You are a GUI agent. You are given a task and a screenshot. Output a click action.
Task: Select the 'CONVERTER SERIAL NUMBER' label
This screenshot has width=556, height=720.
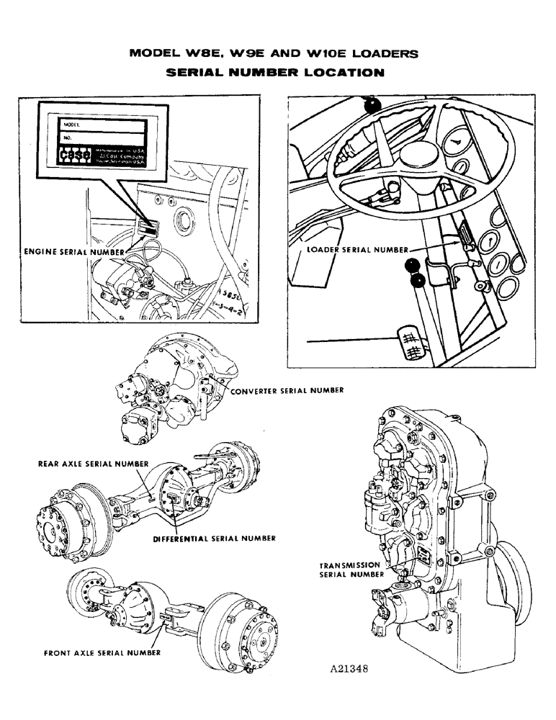click(287, 390)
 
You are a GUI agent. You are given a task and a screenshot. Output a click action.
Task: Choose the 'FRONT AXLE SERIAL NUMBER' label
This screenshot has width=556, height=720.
click(102, 654)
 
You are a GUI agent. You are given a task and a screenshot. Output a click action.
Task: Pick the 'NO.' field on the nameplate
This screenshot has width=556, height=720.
click(108, 137)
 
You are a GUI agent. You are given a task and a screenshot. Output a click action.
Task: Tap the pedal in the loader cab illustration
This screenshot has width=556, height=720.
click(408, 341)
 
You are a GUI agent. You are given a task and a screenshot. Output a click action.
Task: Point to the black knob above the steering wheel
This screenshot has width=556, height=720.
click(372, 107)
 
